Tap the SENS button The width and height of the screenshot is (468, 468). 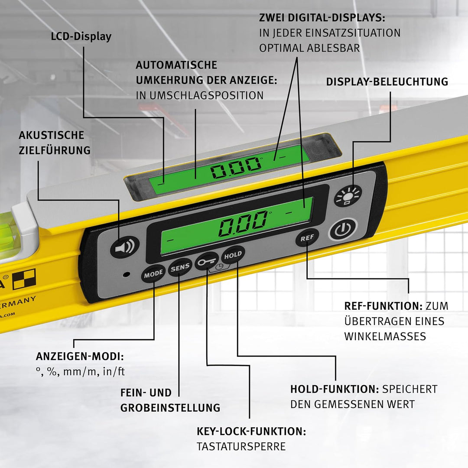tap(180, 267)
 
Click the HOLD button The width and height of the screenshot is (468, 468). tap(233, 255)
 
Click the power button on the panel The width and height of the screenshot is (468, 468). tap(343, 230)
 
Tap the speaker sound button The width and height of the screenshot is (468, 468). tap(125, 247)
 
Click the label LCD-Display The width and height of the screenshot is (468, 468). tap(81, 37)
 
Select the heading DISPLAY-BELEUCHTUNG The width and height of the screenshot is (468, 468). tap(387, 81)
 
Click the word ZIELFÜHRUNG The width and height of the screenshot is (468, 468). tap(55, 150)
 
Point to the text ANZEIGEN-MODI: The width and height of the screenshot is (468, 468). tap(80, 356)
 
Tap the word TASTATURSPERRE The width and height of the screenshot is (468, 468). tap(241, 446)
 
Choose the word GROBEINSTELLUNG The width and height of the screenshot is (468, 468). tap(170, 408)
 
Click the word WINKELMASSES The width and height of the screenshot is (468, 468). tap(385, 336)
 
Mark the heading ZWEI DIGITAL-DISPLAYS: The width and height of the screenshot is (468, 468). tap(322, 18)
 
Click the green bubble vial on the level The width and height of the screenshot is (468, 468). tap(9, 235)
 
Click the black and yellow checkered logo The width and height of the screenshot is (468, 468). tap(24, 279)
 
